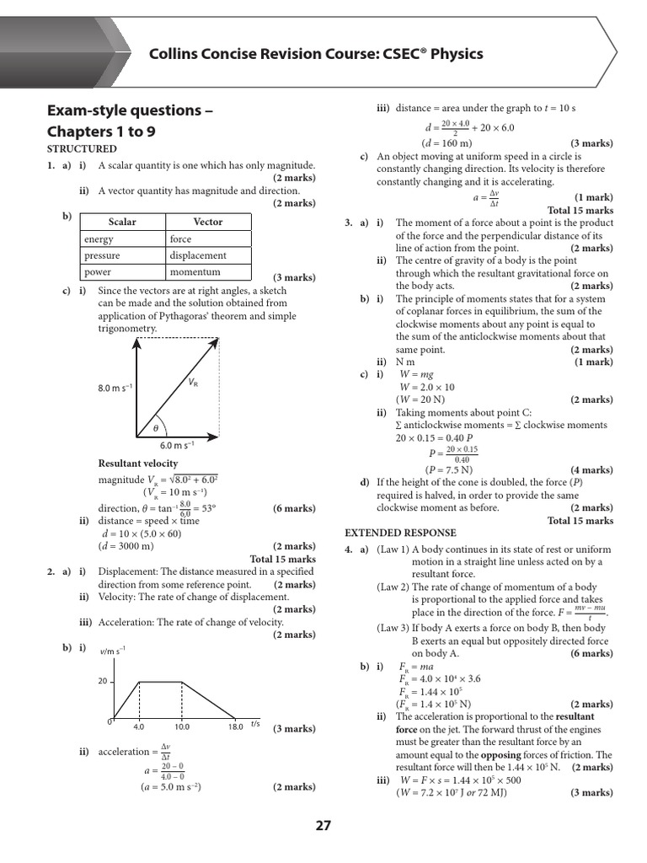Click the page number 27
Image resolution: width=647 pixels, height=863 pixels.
[323, 826]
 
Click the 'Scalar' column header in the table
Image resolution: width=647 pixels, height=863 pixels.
[122, 222]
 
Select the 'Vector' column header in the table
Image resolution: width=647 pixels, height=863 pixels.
[208, 222]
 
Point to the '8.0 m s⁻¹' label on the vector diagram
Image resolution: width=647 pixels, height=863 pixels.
[115, 389]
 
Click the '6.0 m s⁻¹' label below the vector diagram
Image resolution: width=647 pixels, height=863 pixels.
[177, 445]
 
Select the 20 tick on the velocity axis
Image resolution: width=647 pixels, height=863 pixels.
[102, 682]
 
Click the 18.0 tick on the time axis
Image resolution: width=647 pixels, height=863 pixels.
[235, 726]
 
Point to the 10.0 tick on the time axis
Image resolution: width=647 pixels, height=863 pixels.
[182, 726]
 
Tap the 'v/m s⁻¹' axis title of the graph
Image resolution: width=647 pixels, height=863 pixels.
[113, 649]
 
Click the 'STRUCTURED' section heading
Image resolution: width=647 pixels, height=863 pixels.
[82, 149]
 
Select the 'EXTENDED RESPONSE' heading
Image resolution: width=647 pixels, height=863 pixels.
[401, 533]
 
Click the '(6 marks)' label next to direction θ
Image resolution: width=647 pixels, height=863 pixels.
[294, 508]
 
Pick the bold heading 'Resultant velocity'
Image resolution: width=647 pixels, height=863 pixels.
[138, 464]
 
